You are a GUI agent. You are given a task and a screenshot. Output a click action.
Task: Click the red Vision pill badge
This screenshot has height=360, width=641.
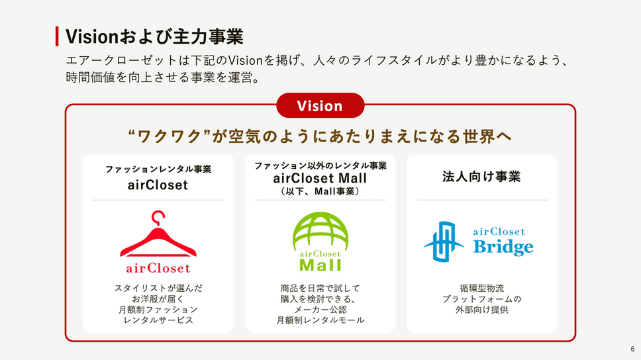[320, 105]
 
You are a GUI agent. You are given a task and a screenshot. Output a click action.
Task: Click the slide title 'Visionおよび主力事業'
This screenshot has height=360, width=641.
[154, 36]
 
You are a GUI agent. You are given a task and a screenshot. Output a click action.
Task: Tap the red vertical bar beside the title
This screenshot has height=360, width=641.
[57, 36]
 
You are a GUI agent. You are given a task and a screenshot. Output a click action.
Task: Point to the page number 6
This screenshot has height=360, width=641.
[632, 349]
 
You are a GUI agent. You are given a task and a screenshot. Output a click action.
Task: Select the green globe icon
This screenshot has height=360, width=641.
[320, 231]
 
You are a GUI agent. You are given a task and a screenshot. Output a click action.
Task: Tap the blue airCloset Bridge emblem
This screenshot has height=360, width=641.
[444, 242]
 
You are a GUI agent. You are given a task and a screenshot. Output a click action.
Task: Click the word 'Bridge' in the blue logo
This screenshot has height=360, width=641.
[503, 247]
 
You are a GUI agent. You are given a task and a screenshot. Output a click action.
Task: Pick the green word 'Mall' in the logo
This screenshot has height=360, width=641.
[320, 265]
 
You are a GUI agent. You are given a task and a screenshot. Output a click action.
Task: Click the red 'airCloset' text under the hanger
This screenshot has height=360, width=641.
[158, 268]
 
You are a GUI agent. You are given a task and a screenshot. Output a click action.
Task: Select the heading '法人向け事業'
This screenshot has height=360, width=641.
[481, 177]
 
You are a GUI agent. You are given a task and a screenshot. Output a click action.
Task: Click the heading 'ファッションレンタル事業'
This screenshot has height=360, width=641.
[158, 169]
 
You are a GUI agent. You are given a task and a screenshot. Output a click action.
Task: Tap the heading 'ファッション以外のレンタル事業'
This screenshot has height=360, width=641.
[320, 165]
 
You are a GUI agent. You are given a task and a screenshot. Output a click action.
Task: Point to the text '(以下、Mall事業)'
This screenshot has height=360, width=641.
[320, 191]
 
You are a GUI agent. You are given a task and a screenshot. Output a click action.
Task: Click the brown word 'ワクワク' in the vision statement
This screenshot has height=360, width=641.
[170, 136]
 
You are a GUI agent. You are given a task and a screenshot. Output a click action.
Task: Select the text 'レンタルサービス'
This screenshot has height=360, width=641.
[158, 320]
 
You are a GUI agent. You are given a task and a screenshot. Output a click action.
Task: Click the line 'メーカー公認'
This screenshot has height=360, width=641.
[320, 310]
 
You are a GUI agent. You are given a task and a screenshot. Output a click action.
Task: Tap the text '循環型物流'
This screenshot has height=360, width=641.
[481, 288]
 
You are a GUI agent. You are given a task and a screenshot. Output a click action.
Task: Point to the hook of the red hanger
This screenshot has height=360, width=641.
[158, 216]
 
